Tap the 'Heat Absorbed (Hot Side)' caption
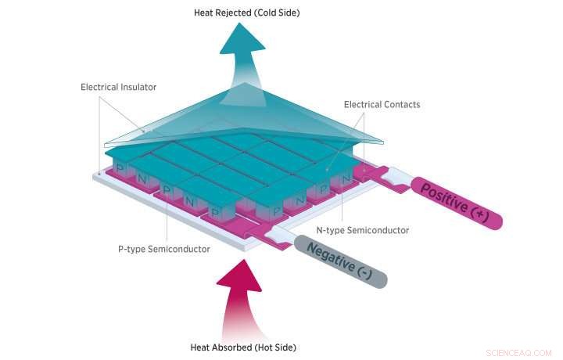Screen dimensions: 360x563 tap(243, 347)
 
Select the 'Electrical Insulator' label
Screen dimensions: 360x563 tap(117, 86)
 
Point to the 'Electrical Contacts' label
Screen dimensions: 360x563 tap(382, 104)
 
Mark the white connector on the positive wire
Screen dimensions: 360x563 tap(396, 178)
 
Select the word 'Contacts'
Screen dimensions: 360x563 tap(401, 104)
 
